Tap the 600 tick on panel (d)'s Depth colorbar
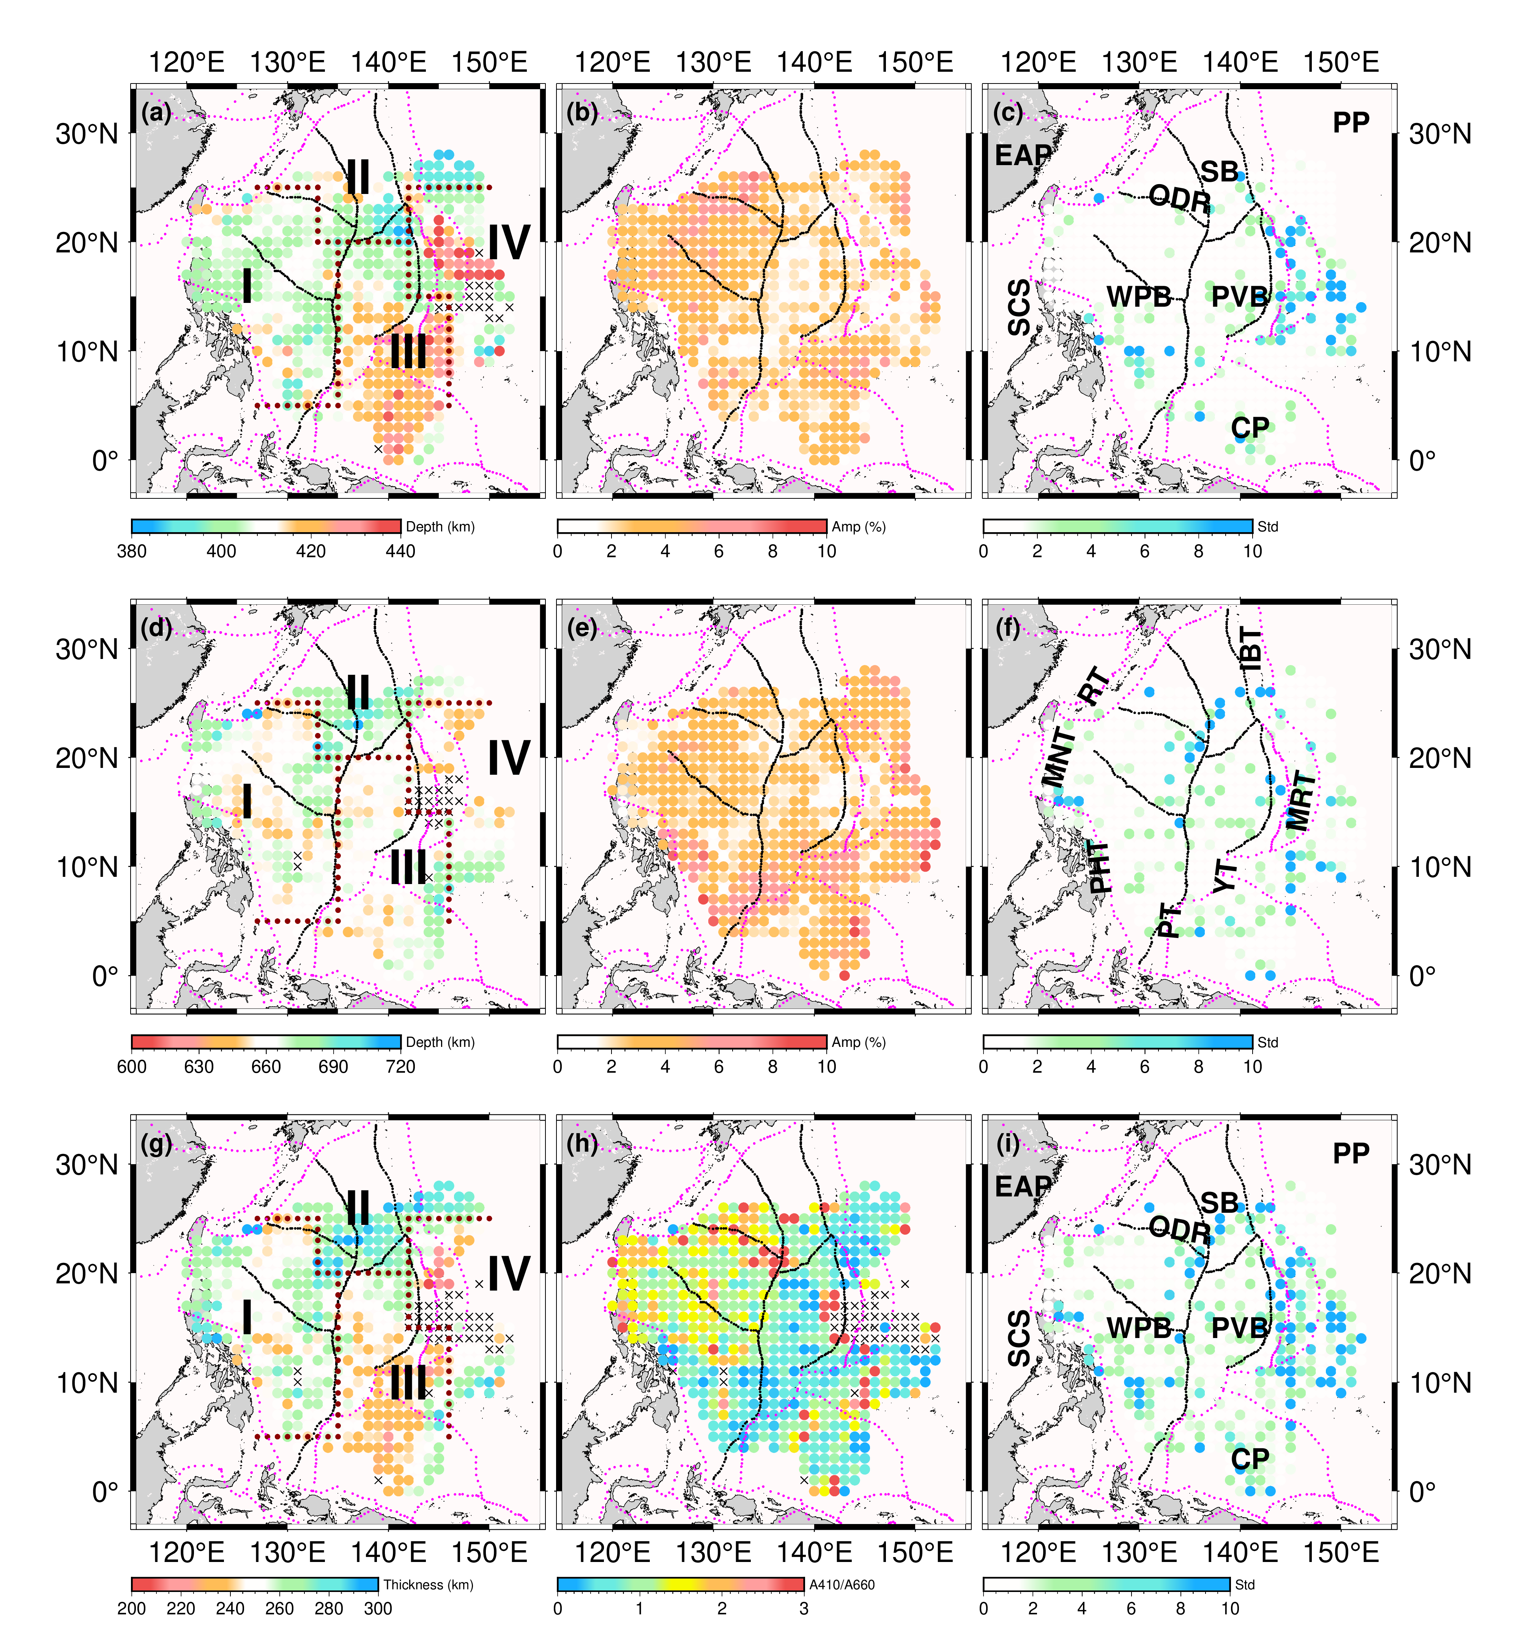coord(132,1067)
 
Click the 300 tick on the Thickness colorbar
coord(378,1609)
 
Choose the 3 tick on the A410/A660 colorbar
coord(803,1609)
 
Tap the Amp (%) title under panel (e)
coord(859,1042)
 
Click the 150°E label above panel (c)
coord(1341,63)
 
